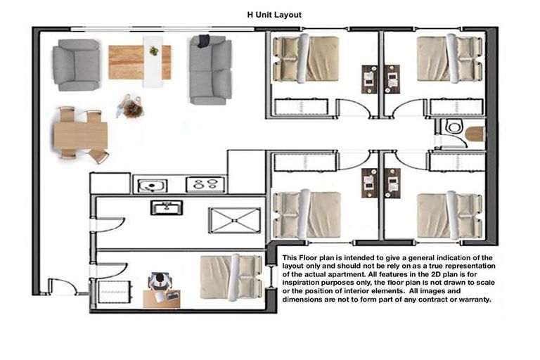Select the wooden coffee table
pos(139,62)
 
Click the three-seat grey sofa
pos(210,70)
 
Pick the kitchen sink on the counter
pos(150,185)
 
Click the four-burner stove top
pos(205,185)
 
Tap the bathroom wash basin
pos(166,207)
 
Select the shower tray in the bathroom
pos(233,219)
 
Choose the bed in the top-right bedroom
pos(450,58)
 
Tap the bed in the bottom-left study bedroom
pos(231,276)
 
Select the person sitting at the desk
pos(160,285)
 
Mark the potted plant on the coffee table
pos(154,51)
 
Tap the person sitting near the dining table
pos(131,107)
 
